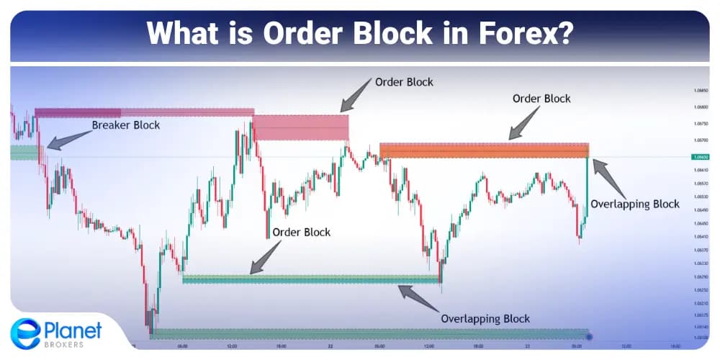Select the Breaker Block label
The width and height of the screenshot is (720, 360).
pyautogui.click(x=126, y=125)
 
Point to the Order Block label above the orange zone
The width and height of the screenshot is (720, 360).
pyautogui.click(x=541, y=99)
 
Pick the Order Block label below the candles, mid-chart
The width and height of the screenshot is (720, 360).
pyautogui.click(x=301, y=232)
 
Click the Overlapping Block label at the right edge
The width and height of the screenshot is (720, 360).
pyautogui.click(x=634, y=204)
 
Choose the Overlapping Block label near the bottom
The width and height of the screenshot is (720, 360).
pyautogui.click(x=485, y=318)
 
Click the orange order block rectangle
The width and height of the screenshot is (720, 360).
pyautogui.click(x=484, y=150)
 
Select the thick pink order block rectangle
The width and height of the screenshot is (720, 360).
pyautogui.click(x=300, y=127)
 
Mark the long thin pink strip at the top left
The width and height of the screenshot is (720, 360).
pyautogui.click(x=144, y=112)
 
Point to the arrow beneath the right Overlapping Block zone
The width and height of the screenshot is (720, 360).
pyautogui.click(x=417, y=296)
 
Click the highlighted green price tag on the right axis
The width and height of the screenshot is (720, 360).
pyautogui.click(x=698, y=157)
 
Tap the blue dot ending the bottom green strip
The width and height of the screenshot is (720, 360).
pyautogui.click(x=590, y=336)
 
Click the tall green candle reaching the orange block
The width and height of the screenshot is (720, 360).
pyautogui.click(x=588, y=187)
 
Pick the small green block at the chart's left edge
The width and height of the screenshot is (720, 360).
pyautogui.click(x=24, y=153)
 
